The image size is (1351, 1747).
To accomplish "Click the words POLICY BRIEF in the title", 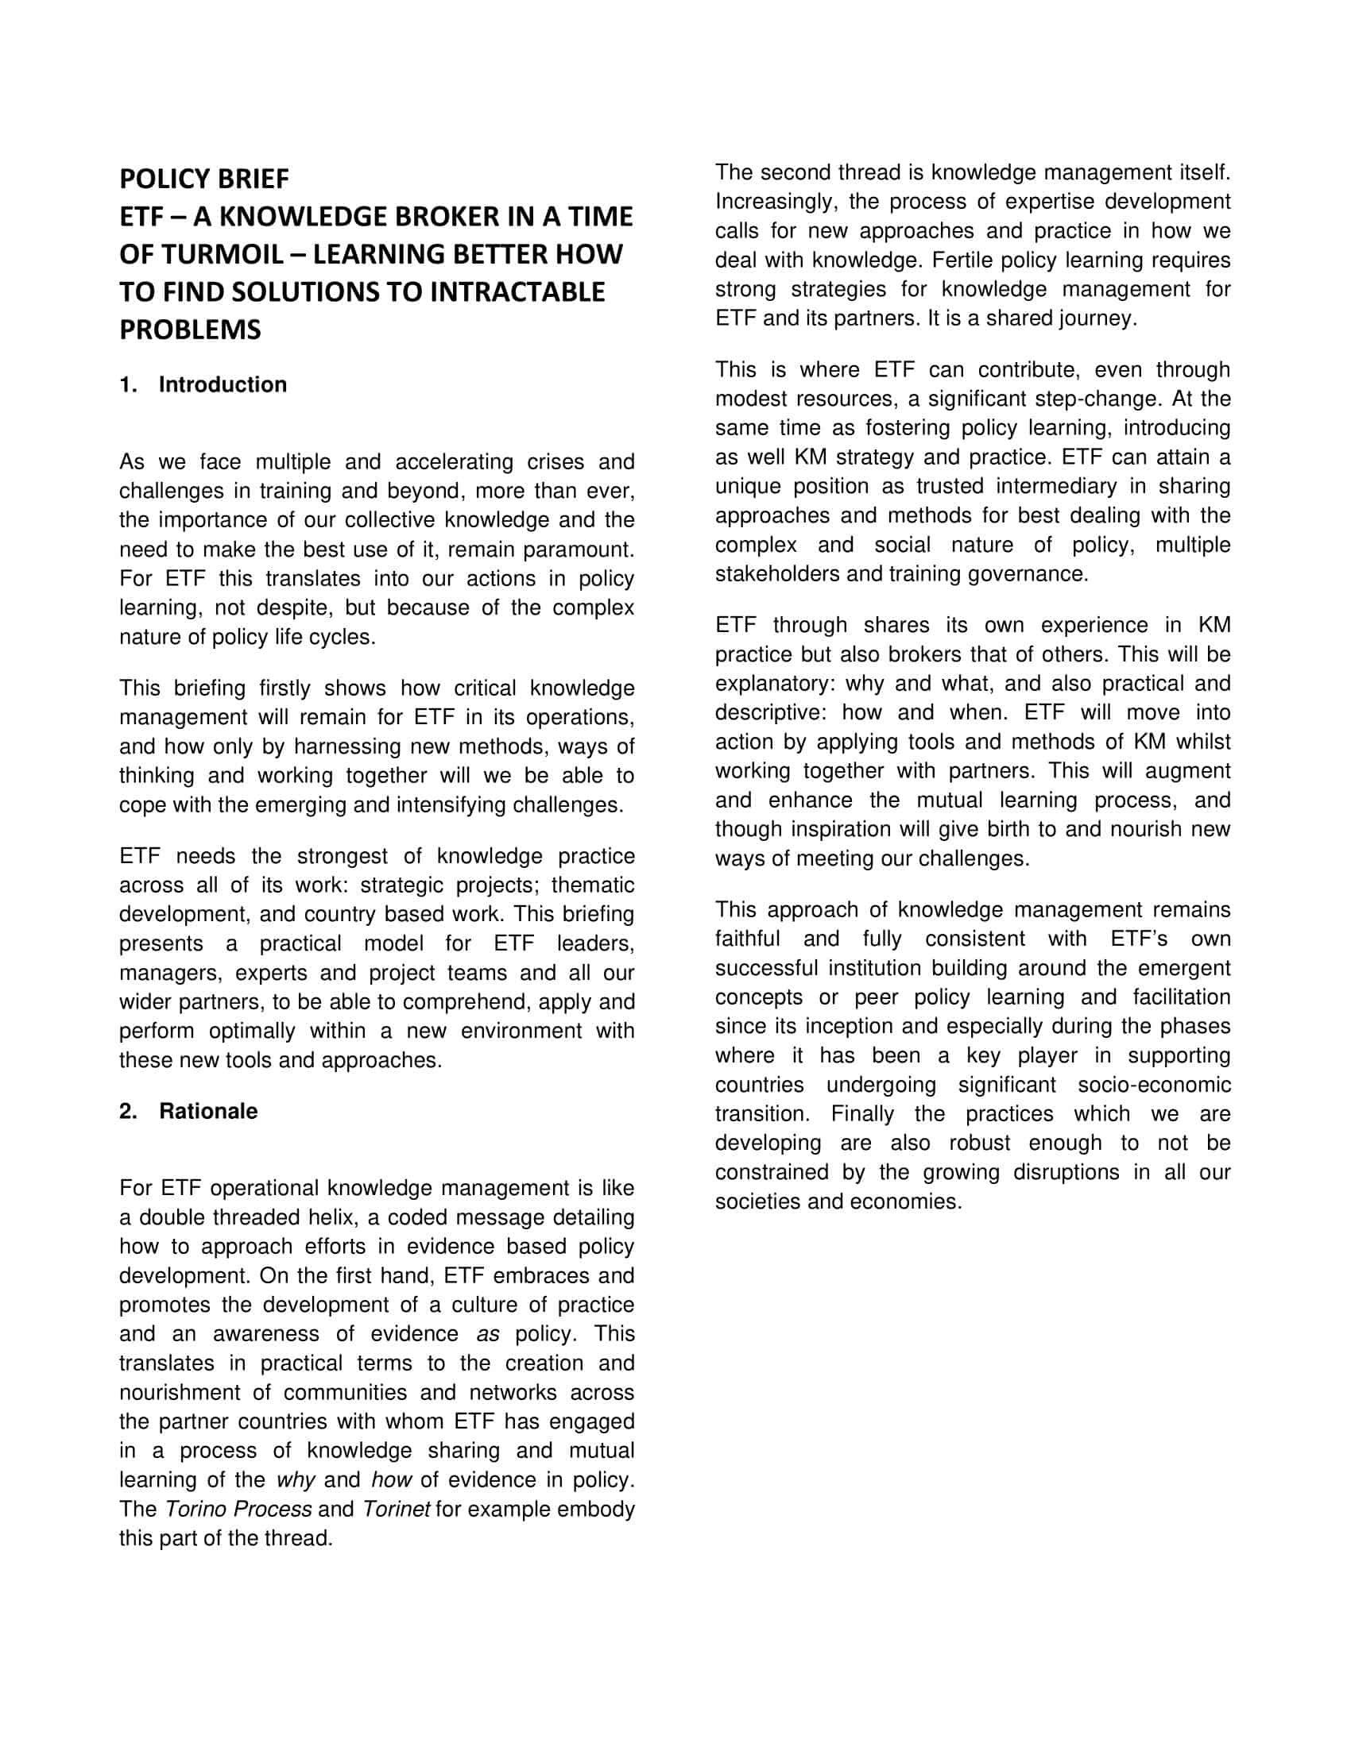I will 204,179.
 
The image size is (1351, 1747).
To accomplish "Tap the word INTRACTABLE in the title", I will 517,292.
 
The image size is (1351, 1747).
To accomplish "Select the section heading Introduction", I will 223,385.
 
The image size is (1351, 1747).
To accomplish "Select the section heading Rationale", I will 208,1111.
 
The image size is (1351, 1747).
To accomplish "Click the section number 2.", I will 127,1111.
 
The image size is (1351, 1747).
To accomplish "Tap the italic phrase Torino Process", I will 238,1510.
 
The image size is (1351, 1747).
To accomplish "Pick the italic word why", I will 296,1480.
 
